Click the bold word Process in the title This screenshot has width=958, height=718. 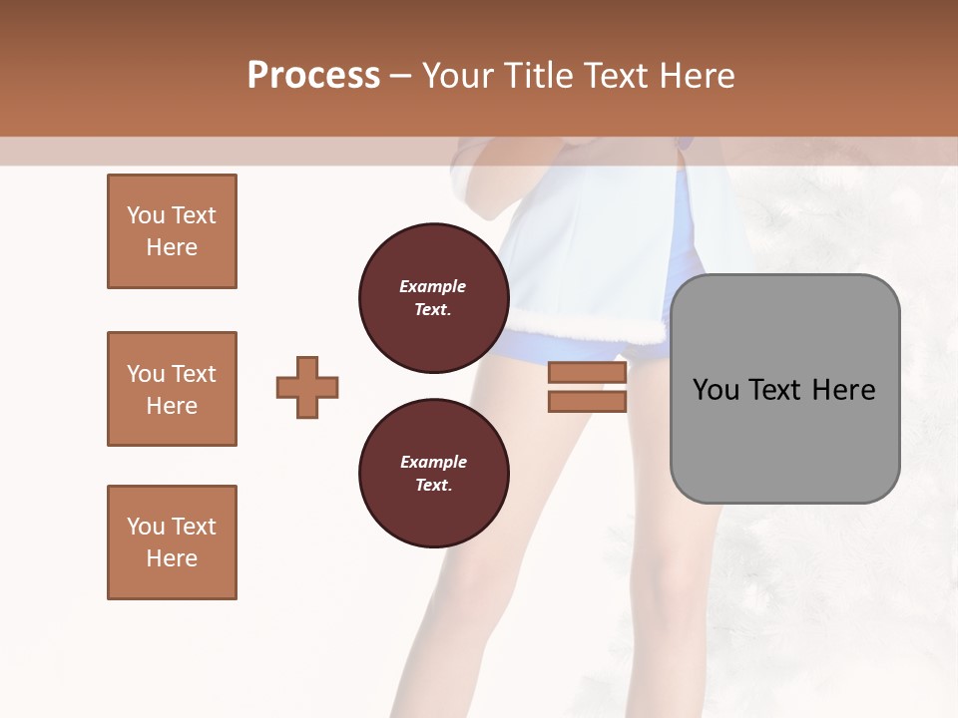[x=313, y=76]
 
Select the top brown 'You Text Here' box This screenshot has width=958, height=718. [x=172, y=231]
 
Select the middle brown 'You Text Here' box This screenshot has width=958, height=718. [x=172, y=389]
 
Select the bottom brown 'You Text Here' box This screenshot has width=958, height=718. [x=172, y=542]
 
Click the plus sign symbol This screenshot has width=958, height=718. [x=307, y=387]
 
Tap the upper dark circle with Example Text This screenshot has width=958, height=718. [x=433, y=298]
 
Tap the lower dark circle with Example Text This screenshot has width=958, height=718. [x=433, y=474]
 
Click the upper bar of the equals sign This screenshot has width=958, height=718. [x=587, y=373]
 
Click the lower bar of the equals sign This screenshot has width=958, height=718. [x=587, y=401]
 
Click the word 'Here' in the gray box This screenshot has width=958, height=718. [x=843, y=390]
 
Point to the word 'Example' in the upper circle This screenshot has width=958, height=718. [x=433, y=286]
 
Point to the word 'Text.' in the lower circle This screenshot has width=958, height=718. [x=433, y=486]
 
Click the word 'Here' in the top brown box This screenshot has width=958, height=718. [x=172, y=247]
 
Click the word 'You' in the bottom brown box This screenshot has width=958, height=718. [x=146, y=527]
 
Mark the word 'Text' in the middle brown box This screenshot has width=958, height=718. [x=195, y=374]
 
